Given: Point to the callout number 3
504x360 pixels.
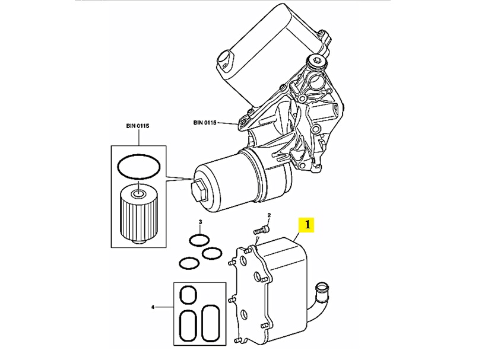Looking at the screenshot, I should tap(201, 221).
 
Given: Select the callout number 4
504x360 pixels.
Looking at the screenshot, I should tap(153, 307).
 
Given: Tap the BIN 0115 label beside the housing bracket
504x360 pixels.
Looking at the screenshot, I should tap(205, 123).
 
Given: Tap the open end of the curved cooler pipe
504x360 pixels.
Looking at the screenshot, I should tap(322, 288).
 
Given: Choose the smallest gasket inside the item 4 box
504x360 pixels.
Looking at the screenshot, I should tap(188, 295).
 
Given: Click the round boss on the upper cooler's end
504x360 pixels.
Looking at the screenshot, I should tap(225, 58).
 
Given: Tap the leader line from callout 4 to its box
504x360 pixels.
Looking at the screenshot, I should tap(164, 307).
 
